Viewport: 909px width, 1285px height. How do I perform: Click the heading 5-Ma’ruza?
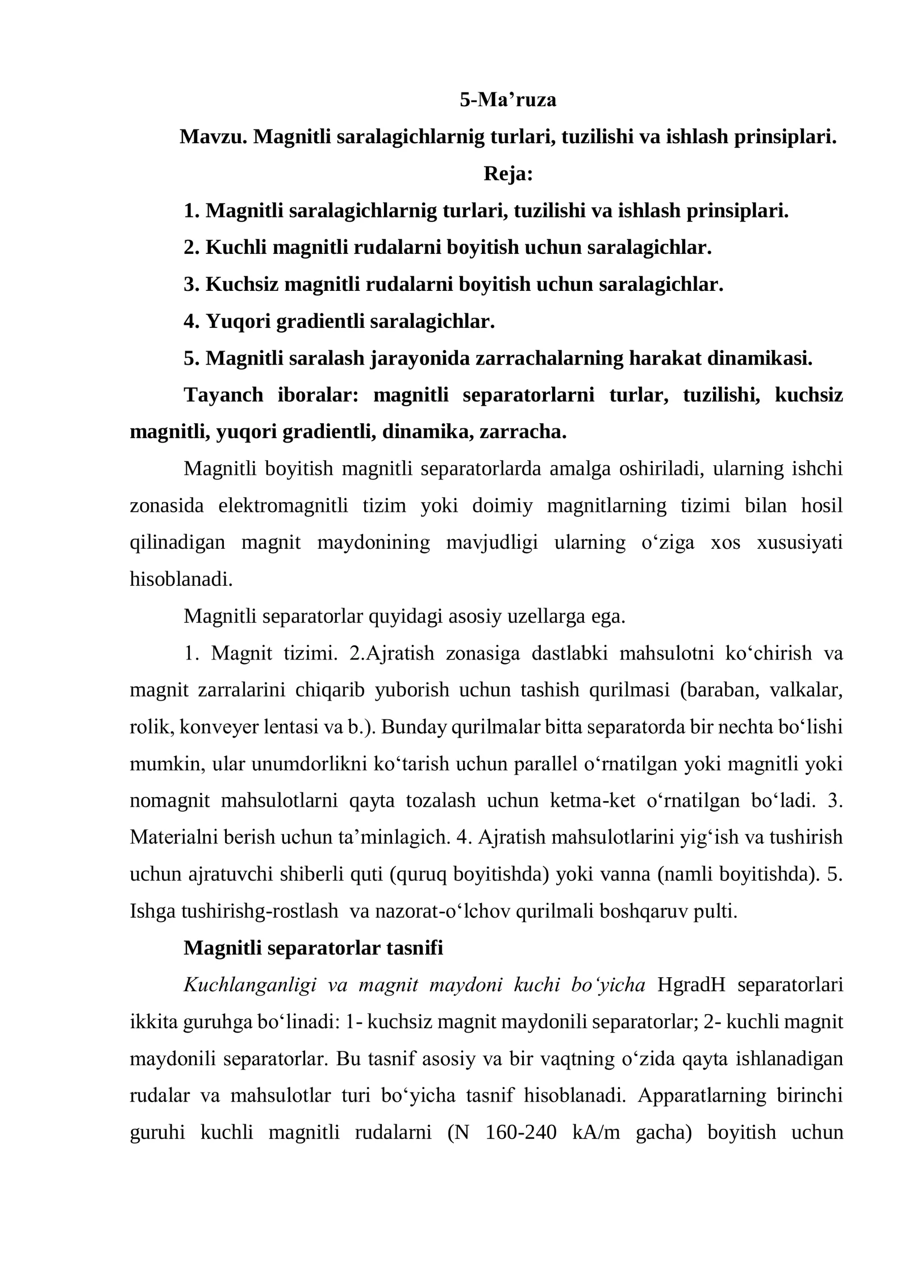tap(507, 99)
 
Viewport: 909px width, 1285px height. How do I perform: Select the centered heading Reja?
tap(508, 173)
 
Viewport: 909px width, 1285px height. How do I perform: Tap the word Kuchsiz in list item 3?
tap(241, 284)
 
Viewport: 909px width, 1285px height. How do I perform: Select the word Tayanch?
tap(223, 395)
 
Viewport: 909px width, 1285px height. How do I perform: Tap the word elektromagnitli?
tap(283, 506)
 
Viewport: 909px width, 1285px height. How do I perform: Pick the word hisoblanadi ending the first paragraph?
tap(180, 579)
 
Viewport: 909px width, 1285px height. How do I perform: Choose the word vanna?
tap(626, 875)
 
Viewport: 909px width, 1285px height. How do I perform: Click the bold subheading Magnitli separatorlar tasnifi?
tap(313, 948)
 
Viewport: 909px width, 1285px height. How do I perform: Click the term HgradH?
tap(691, 985)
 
